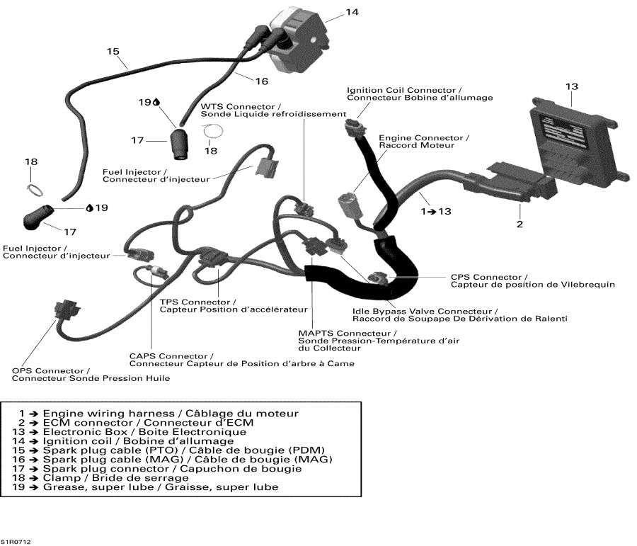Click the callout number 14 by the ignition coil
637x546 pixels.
352,12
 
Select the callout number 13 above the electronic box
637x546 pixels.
572,86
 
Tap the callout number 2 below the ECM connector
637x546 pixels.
520,224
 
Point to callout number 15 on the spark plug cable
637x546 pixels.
113,52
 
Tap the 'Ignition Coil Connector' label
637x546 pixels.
403,90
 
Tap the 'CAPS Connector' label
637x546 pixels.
171,356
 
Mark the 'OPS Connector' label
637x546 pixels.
51,370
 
